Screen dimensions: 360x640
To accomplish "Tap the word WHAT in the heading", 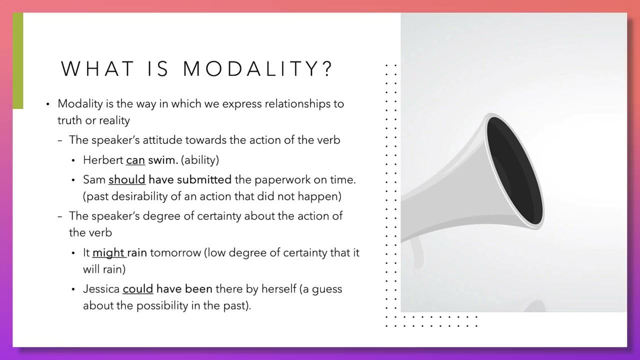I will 97,69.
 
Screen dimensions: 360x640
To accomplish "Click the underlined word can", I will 135,160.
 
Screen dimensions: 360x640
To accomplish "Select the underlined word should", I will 127,179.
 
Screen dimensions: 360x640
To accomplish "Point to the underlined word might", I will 108,252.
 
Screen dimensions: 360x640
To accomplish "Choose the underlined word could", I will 137,289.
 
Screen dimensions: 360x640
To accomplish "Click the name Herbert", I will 103,160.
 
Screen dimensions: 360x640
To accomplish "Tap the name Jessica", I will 101,289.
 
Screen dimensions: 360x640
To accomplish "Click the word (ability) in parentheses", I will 200,160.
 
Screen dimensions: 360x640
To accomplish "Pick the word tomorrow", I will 175,252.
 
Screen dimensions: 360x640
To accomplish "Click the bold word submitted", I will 204,179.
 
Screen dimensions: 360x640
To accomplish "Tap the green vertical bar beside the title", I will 18,60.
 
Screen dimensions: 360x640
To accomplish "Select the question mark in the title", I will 327,69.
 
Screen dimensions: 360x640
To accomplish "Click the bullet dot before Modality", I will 48,104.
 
